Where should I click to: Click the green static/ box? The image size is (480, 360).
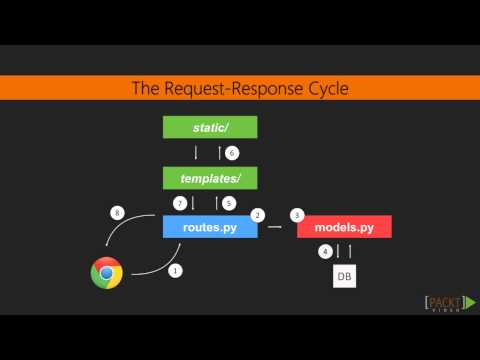(x=210, y=127)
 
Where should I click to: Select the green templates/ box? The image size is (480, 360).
(x=210, y=178)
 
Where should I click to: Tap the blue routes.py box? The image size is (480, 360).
(x=210, y=228)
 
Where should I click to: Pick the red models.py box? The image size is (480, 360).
(x=344, y=228)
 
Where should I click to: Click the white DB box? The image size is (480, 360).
(x=343, y=274)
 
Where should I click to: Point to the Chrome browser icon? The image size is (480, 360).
(x=106, y=272)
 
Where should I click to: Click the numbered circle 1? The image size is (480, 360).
(x=176, y=270)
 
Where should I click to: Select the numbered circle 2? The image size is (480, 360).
(x=257, y=215)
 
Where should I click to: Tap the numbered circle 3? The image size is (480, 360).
(x=296, y=215)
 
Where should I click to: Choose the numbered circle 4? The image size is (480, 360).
(x=324, y=251)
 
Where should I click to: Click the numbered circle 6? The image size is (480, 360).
(x=232, y=153)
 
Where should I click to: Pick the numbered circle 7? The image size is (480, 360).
(x=180, y=203)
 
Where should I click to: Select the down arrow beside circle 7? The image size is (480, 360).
(x=193, y=203)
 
